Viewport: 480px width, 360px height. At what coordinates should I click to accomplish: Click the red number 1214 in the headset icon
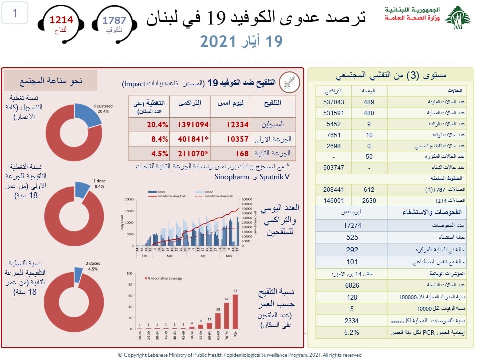pyautogui.click(x=61, y=20)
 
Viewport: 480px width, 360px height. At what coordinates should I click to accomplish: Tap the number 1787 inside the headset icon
pyautogui.click(x=114, y=20)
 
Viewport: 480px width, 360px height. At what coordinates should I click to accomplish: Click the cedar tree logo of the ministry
pyautogui.click(x=458, y=18)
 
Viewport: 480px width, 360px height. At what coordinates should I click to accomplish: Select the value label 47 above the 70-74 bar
pyautogui.click(x=226, y=298)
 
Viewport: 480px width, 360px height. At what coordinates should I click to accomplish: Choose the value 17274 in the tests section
pyautogui.click(x=352, y=226)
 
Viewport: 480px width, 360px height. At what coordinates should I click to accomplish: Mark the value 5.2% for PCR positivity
pyautogui.click(x=352, y=331)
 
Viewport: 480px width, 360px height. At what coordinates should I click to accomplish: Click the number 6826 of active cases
pyautogui.click(x=352, y=285)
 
